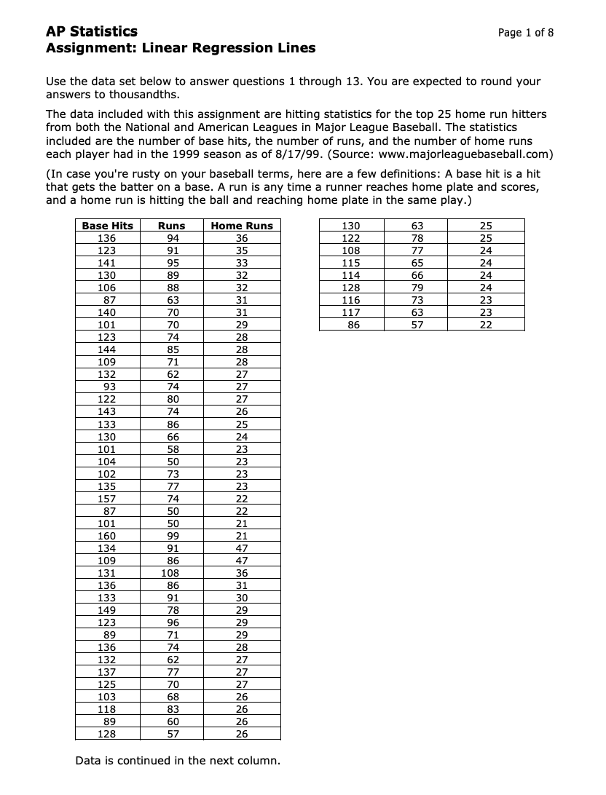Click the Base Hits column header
pyautogui.click(x=107, y=226)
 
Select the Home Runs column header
pyautogui.click(x=242, y=226)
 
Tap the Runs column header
pyautogui.click(x=173, y=226)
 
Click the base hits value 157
pyautogui.click(x=107, y=499)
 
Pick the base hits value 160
pyautogui.click(x=107, y=536)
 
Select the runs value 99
pyautogui.click(x=173, y=536)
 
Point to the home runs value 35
pyautogui.click(x=242, y=250)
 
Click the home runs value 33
pyautogui.click(x=242, y=263)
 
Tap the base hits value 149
pyautogui.click(x=107, y=610)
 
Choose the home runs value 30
pyautogui.click(x=242, y=598)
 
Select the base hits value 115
pyautogui.click(x=351, y=263)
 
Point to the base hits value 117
pyautogui.click(x=351, y=312)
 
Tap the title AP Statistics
pyautogui.click(x=91, y=31)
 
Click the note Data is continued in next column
pyautogui.click(x=177, y=761)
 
